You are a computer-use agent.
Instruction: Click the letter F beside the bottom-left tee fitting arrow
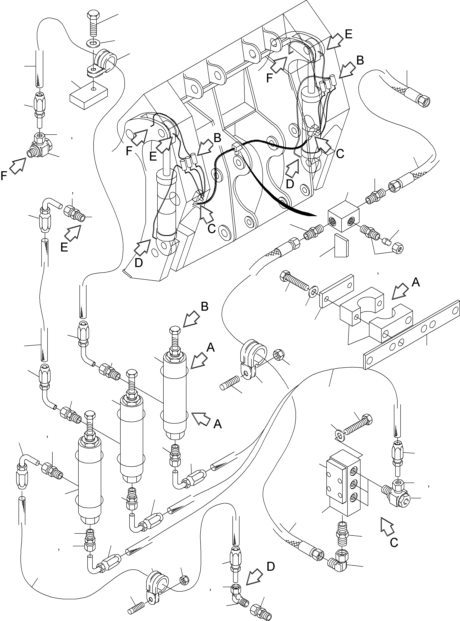[x=4, y=176]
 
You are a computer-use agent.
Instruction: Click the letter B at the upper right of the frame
[x=360, y=60]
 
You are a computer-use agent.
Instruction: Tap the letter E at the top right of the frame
[x=348, y=34]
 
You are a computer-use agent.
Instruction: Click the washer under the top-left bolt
[x=92, y=43]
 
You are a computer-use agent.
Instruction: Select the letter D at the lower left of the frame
[x=138, y=263]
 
